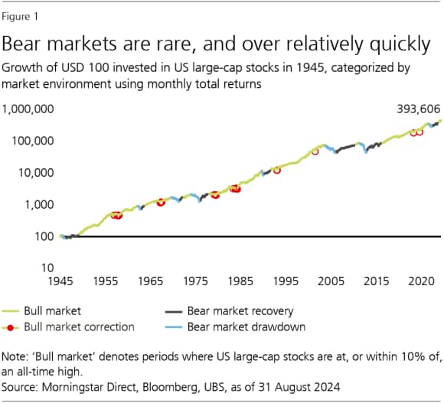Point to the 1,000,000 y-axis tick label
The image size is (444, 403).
pyautogui.click(x=28, y=110)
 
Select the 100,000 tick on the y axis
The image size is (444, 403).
pyautogui.click(x=33, y=141)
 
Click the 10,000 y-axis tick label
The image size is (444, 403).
pyautogui.click(x=36, y=173)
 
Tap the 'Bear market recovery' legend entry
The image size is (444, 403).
pyautogui.click(x=241, y=311)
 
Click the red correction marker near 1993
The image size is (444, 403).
pyautogui.click(x=277, y=170)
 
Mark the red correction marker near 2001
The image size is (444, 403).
pyautogui.click(x=315, y=151)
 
